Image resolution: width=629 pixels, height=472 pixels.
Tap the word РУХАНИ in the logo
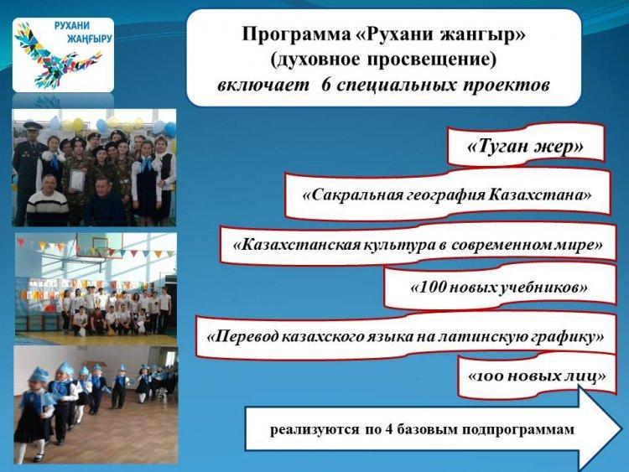click(x=72, y=26)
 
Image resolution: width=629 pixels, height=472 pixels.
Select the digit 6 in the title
click(x=326, y=86)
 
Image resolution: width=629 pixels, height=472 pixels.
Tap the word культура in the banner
click(x=398, y=245)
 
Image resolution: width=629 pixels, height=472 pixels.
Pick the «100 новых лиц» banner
click(x=537, y=376)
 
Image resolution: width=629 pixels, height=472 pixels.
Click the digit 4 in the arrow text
click(x=388, y=430)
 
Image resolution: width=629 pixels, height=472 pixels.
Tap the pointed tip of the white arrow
click(x=621, y=428)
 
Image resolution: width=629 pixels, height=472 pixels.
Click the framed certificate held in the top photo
click(x=77, y=179)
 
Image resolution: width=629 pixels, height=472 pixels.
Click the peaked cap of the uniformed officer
click(x=32, y=125)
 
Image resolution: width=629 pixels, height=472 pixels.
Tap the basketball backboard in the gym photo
click(x=100, y=245)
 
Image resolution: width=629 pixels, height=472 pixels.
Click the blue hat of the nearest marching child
click(x=39, y=375)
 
